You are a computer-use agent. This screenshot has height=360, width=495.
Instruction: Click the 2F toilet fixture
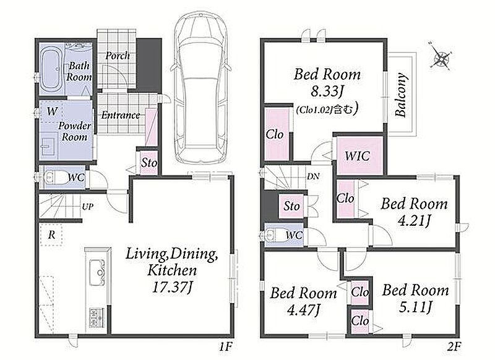click(x=275, y=234)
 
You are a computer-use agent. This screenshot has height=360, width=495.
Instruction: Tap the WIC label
click(x=358, y=156)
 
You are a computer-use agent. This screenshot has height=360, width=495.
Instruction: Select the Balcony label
click(x=401, y=95)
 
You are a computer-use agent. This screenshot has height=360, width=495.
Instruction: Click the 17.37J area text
click(x=173, y=288)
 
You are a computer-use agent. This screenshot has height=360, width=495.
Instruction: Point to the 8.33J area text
click(x=327, y=92)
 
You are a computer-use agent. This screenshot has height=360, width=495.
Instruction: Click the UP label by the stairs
click(x=88, y=207)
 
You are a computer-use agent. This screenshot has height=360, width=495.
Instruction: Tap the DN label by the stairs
click(x=313, y=177)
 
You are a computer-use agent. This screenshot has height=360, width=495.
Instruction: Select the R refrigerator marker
click(x=51, y=234)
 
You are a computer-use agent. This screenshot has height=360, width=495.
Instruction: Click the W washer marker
click(x=53, y=111)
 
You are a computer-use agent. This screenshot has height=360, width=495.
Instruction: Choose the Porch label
click(x=118, y=56)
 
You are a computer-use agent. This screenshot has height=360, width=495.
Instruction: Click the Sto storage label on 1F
click(x=149, y=163)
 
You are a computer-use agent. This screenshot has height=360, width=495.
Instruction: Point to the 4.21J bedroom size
click(x=414, y=221)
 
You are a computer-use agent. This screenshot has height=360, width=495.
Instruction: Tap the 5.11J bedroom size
click(x=415, y=307)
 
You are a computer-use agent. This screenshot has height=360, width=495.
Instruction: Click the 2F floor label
click(x=454, y=347)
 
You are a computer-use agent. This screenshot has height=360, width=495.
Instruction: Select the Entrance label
click(x=121, y=115)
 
